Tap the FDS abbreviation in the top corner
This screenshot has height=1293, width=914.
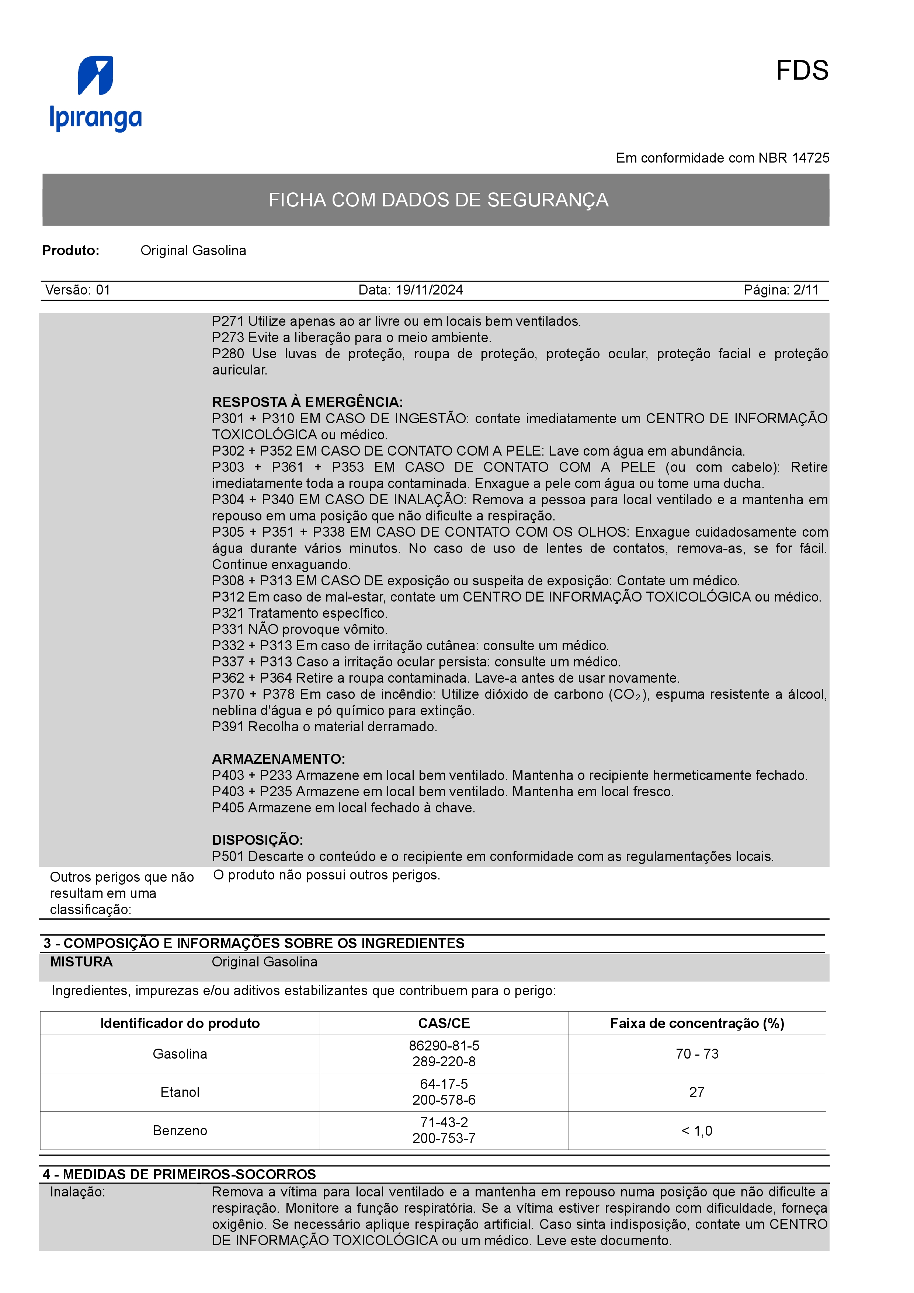click(x=802, y=71)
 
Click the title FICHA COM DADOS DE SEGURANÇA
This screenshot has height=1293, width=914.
click(x=438, y=200)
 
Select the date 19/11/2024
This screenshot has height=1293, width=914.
click(x=429, y=290)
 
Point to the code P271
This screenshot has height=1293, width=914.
click(x=227, y=321)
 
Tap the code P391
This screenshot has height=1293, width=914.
click(x=227, y=726)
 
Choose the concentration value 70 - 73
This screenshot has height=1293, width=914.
click(x=696, y=1054)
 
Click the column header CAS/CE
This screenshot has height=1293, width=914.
click(x=444, y=1023)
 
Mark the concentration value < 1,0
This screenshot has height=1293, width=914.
click(x=696, y=1131)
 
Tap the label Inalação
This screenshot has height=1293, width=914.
click(x=77, y=1192)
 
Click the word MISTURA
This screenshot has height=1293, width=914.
click(x=81, y=962)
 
